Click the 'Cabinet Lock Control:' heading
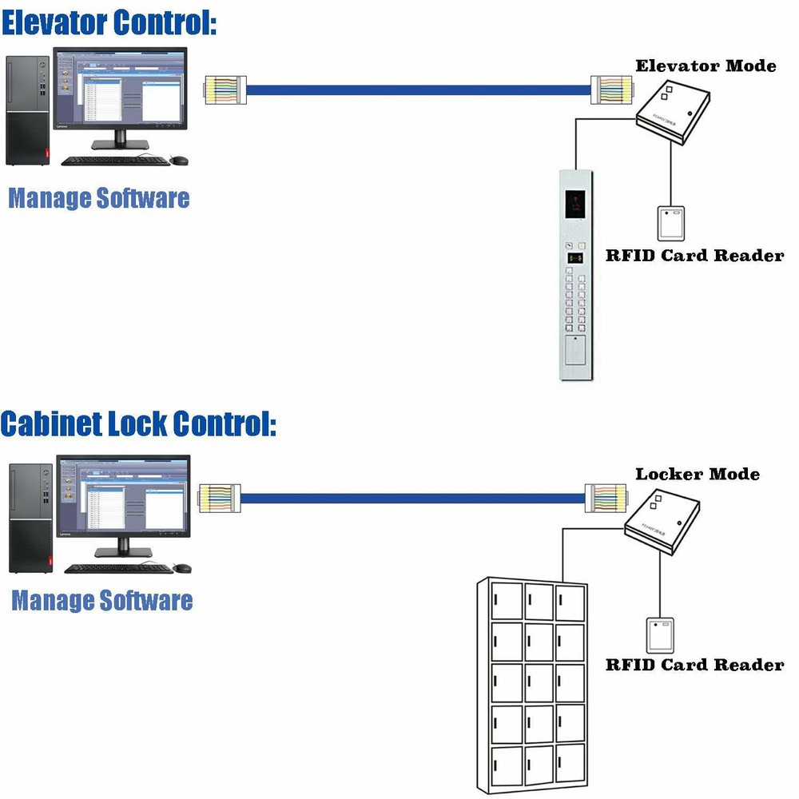[x=138, y=423]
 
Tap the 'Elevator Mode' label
[x=706, y=66]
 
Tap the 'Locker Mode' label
[x=698, y=474]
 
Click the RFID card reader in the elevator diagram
[x=671, y=223]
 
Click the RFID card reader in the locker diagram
[x=661, y=634]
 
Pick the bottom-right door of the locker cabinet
[x=570, y=764]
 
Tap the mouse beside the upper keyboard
[x=180, y=161]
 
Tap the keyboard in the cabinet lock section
[x=118, y=569]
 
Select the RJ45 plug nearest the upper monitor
[x=225, y=89]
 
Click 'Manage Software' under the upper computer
[x=99, y=197]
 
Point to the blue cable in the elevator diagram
[x=415, y=89]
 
